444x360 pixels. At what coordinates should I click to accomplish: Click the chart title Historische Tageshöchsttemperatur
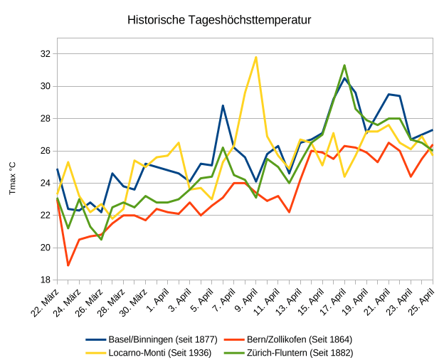[x=219, y=20]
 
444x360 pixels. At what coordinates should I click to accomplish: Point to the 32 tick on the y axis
[x=45, y=54]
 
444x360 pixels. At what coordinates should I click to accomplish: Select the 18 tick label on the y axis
[x=45, y=280]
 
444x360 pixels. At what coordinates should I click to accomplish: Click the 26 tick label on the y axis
[x=45, y=151]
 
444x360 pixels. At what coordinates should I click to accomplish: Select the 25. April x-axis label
[x=422, y=302]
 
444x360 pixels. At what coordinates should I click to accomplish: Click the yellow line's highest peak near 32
[x=256, y=57]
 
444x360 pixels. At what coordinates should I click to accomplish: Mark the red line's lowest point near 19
[x=68, y=265]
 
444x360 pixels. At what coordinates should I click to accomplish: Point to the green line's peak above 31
[x=344, y=65]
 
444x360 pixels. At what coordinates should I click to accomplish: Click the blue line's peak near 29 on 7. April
[x=223, y=105]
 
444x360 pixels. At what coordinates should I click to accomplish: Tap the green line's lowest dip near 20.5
[x=101, y=240]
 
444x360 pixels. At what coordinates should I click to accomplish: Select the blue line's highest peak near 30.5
[x=344, y=78]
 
